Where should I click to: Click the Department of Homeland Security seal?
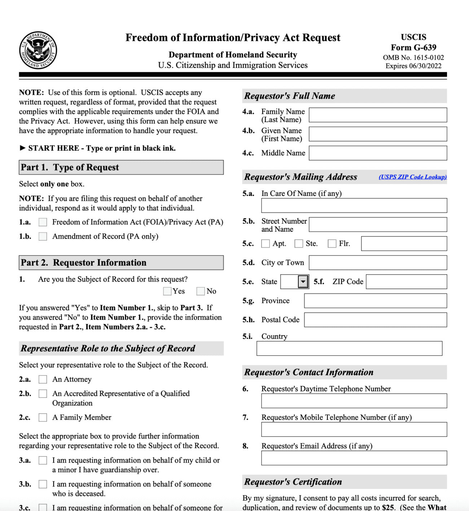38,50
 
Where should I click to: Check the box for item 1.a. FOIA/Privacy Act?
43,222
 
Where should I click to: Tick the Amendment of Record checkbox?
43,236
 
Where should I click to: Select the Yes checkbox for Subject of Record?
167,291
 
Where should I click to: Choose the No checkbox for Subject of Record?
201,291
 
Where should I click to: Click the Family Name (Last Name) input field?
378,115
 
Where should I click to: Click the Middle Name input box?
378,153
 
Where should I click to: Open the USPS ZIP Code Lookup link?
412,177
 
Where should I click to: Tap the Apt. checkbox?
266,244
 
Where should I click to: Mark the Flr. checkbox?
332,244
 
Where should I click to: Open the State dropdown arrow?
303,282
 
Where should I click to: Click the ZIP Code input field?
406,282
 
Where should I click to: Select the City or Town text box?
378,263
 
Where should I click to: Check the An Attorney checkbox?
43,379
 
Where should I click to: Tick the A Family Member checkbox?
43,417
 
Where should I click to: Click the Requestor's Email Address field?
354,458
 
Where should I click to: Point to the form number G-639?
413,47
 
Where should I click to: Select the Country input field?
349,348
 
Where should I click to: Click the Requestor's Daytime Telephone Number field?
354,401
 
